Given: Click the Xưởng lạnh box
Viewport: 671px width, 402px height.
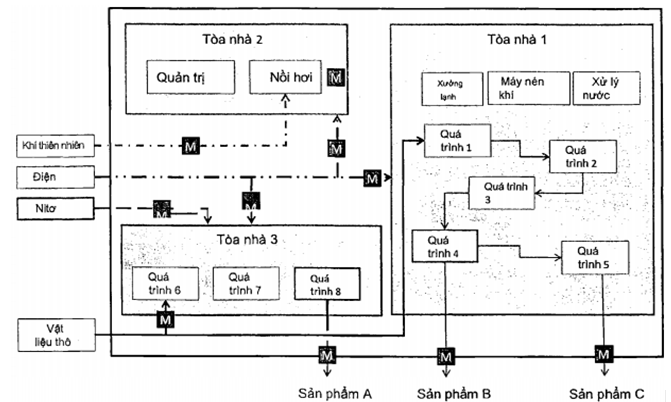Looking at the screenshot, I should (x=446, y=88).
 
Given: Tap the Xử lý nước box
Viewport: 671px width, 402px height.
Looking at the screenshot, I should (x=597, y=88).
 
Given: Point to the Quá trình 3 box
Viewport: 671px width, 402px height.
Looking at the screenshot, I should (x=501, y=191).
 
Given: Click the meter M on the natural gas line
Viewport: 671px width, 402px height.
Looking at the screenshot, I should (x=191, y=146).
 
